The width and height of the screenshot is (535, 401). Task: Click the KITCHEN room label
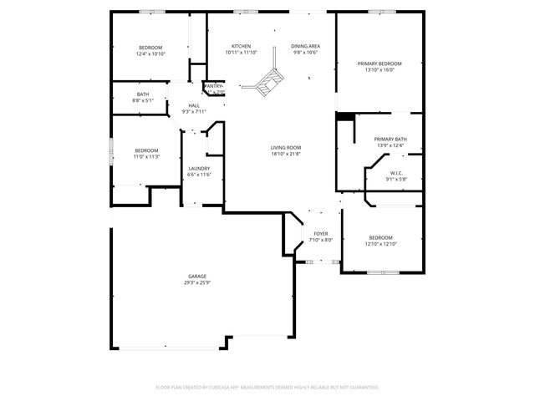pos(241,46)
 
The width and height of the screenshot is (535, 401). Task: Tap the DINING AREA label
pos(305,46)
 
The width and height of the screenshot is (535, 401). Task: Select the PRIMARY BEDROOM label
pos(380,63)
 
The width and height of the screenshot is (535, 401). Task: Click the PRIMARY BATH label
pos(390,140)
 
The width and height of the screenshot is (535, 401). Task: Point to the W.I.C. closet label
pos(396,173)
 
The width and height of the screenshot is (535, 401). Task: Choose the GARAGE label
pos(197,277)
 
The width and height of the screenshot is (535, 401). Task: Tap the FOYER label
pos(322,234)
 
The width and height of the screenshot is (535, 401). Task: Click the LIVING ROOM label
pos(285,148)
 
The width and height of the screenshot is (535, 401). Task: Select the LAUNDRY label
pos(199,168)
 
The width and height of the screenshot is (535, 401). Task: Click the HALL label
pos(194,105)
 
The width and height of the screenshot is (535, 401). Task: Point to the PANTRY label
pos(214,86)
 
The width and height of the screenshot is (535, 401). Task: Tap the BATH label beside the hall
pos(143,94)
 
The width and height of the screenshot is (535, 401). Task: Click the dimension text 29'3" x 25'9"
pos(197,282)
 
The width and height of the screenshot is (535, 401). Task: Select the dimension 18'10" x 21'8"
pos(285,154)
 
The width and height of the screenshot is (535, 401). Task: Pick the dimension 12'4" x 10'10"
pos(150,53)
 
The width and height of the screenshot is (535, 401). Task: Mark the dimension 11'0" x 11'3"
pos(146,156)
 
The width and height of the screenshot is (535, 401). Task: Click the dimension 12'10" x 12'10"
pos(380,244)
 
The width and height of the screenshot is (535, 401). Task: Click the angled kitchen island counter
pos(268,80)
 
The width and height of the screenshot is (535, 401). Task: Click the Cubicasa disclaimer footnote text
pos(267,387)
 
